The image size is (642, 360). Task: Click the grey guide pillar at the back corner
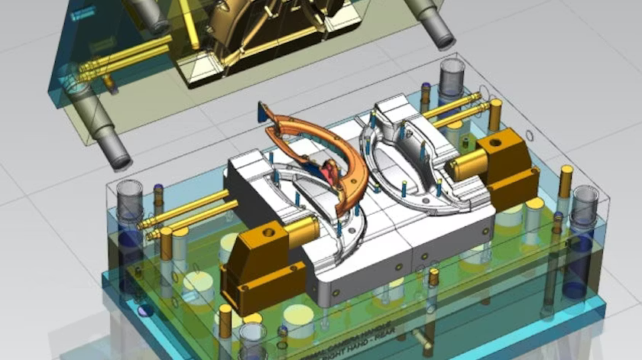click(x=452, y=76)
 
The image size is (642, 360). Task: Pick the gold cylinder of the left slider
click(x=300, y=230)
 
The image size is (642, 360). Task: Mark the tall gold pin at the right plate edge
click(x=565, y=181)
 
